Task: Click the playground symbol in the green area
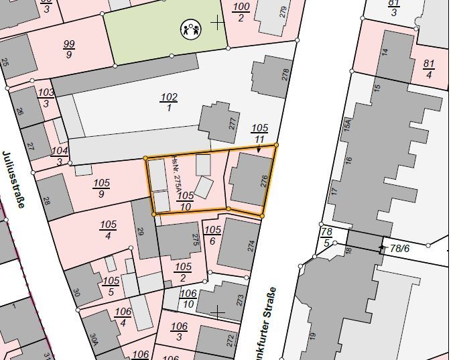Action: coord(190,28)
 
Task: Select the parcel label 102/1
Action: coord(168,102)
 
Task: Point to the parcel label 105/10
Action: coord(186,200)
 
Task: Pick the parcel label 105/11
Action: coord(259,133)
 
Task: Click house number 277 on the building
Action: coord(233,124)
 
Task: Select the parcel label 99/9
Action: coord(69,49)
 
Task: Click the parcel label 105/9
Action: coord(101,188)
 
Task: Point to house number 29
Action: coord(141,232)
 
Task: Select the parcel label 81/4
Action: coord(429,68)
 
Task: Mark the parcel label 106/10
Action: coord(189,298)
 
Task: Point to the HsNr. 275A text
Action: coord(176,175)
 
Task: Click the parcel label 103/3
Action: coord(46,97)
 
